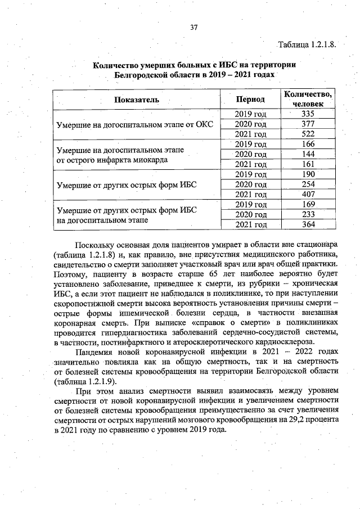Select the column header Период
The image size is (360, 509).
click(x=250, y=99)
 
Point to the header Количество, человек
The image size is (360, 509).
click(x=308, y=99)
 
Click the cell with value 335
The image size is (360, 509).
click(x=307, y=114)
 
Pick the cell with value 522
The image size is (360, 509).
click(x=307, y=134)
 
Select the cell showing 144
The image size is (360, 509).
click(x=307, y=154)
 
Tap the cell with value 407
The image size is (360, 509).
click(x=307, y=194)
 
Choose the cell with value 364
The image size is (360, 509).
click(x=307, y=224)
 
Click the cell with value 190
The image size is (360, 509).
click(x=307, y=174)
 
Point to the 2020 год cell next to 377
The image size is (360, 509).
click(x=250, y=124)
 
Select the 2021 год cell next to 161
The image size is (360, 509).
click(x=250, y=164)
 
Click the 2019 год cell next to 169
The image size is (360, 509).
click(x=250, y=204)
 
